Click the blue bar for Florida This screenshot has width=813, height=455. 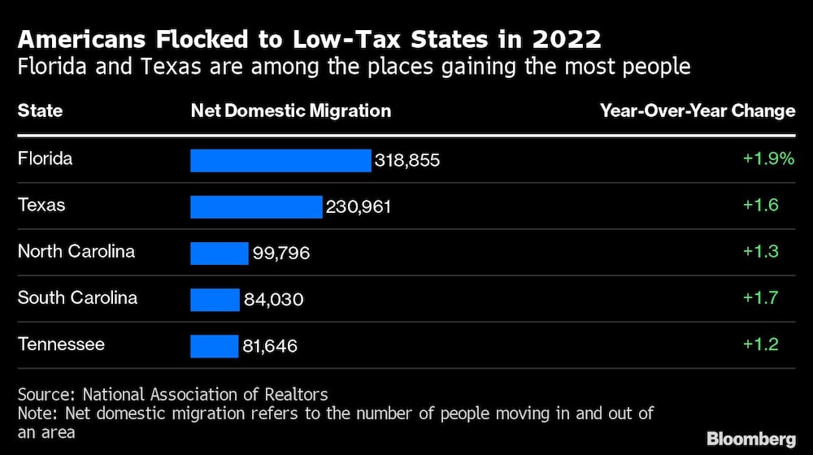pyautogui.click(x=280, y=160)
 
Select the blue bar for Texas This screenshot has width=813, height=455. pyautogui.click(x=256, y=206)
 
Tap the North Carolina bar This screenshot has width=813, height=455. pyautogui.click(x=219, y=253)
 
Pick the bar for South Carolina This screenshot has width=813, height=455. pyautogui.click(x=215, y=300)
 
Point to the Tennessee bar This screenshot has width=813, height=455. pyautogui.click(x=214, y=346)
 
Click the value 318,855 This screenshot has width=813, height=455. pyautogui.click(x=406, y=161)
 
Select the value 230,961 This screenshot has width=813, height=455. pyautogui.click(x=359, y=207)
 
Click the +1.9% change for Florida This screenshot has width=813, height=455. pyautogui.click(x=767, y=158)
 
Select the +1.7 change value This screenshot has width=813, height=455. pyautogui.click(x=760, y=297)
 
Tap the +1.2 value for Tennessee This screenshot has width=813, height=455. pyautogui.click(x=760, y=344)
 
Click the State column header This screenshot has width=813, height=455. pyautogui.click(x=40, y=110)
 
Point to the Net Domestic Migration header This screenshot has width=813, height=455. pyautogui.click(x=290, y=110)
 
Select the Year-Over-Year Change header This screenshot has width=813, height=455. pyautogui.click(x=697, y=110)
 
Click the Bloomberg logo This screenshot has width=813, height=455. pyautogui.click(x=750, y=439)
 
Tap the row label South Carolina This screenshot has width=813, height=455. pyautogui.click(x=77, y=297)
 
